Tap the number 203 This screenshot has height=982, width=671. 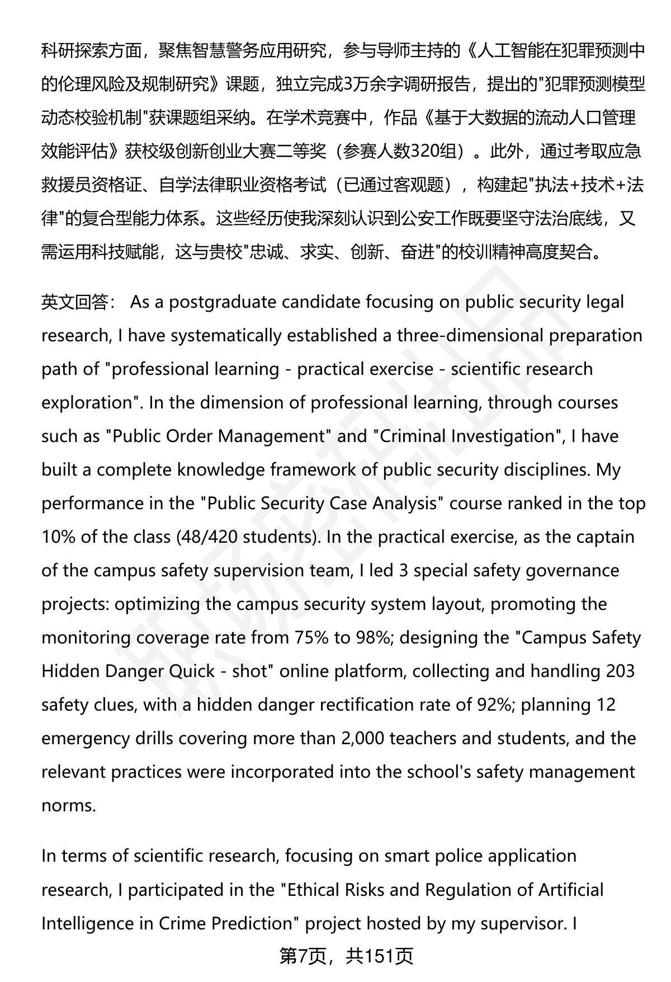620,671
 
